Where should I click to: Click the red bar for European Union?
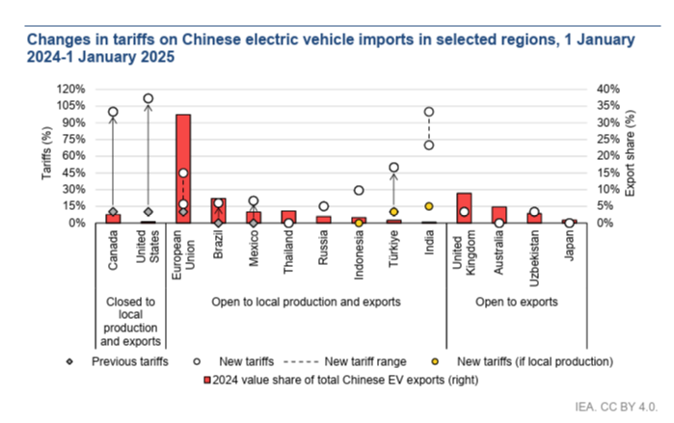pos(183,169)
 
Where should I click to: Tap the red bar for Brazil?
pos(218,211)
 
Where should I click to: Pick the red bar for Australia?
pos(499,215)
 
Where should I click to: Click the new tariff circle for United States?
pos(148,98)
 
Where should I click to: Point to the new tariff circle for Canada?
pos(113,112)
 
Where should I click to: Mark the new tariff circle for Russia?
pos(324,206)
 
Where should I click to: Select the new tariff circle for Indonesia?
pos(359,191)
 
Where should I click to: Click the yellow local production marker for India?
pos(429,206)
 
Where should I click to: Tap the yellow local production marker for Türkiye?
pos(393,212)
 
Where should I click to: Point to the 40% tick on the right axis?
pos(607,89)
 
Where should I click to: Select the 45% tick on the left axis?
pos(75,172)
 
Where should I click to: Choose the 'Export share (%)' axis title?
pos(632,155)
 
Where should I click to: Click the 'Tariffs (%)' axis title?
pos(44,155)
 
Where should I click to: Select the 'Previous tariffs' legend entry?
pos(129,362)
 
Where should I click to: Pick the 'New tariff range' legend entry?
pos(362,362)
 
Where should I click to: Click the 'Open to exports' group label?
pos(517,302)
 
